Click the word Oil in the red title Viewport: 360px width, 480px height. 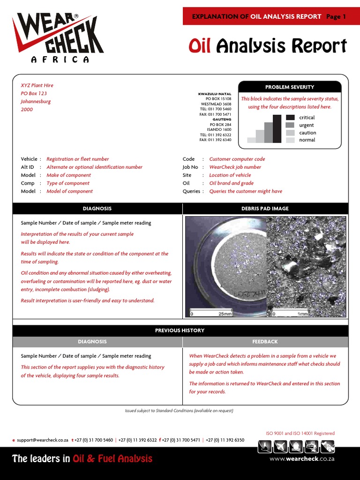click(199, 46)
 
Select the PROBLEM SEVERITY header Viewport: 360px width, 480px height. click(290, 87)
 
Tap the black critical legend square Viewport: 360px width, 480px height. click(290, 118)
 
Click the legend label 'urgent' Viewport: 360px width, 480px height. click(307, 125)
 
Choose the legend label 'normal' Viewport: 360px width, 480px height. click(307, 140)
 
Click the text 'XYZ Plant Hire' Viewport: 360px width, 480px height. click(37, 85)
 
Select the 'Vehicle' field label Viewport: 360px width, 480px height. click(29, 159)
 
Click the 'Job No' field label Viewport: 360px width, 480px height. click(190, 167)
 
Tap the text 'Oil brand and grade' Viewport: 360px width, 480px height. click(231, 183)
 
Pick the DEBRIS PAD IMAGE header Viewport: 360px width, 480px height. click(265, 209)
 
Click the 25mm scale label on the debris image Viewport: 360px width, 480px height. click(225, 314)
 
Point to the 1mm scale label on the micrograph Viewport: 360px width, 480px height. click(303, 314)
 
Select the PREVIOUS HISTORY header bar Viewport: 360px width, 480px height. click(180, 330)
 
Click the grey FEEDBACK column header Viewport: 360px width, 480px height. click(265, 342)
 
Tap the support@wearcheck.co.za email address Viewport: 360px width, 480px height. click(42, 440)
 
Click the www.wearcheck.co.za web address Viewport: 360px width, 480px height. click(301, 459)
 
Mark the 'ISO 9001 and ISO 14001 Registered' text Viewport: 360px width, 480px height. click(300, 434)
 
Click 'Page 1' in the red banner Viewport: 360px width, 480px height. click(336, 16)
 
